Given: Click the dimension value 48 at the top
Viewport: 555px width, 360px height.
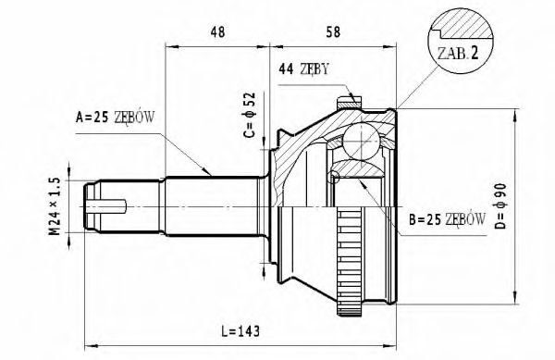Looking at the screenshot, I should point(218,31).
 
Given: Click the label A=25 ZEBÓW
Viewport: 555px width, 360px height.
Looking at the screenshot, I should point(116,118).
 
